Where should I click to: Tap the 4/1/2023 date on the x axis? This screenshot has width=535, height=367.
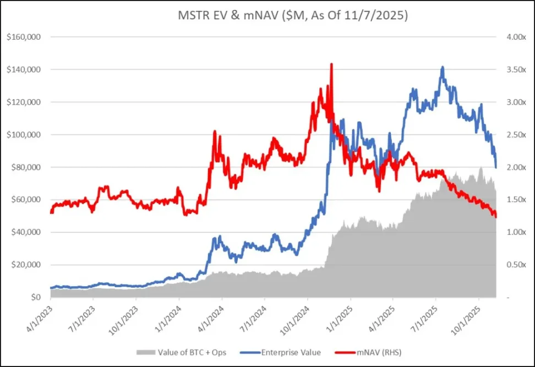click(43, 316)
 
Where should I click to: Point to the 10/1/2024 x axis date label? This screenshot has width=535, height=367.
click(298, 316)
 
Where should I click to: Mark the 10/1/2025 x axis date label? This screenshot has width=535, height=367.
click(469, 316)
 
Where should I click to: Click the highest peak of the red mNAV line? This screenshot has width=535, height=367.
click(331, 64)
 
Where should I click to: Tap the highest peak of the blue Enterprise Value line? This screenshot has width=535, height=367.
click(442, 67)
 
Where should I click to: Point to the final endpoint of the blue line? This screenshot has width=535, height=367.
click(496, 167)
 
